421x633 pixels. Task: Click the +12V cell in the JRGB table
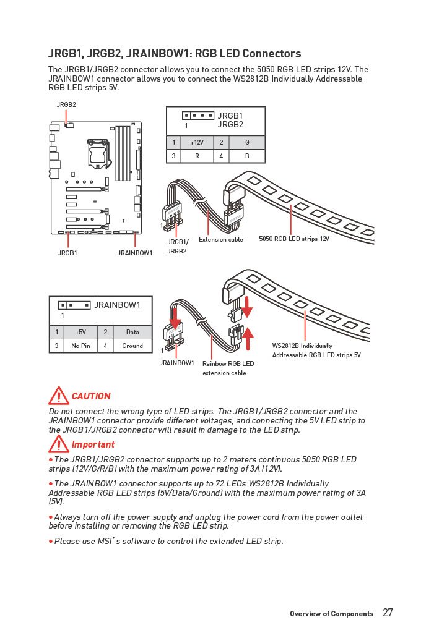coord(197,142)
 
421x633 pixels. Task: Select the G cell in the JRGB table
coord(247,142)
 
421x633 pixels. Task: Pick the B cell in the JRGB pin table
coord(247,156)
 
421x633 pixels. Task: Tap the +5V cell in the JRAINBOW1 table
coord(80,332)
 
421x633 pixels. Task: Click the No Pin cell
coord(80,346)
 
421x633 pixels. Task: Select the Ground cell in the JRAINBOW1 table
coord(132,346)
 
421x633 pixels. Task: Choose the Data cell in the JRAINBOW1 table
coord(132,332)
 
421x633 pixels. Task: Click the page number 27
coord(388,613)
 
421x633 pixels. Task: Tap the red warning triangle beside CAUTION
coord(59,396)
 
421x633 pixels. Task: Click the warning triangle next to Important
coord(59,444)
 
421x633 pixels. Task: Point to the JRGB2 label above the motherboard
coord(66,104)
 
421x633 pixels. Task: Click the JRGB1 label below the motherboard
coord(67,253)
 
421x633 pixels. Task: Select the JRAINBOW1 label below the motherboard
coord(135,253)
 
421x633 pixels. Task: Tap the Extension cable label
coord(221,239)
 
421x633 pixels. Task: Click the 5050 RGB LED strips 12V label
coord(294,239)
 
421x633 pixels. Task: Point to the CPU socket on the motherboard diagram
coord(98,151)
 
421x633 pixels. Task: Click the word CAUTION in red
coord(91,396)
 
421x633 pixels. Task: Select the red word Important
coord(93,444)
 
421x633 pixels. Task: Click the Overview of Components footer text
coord(331,614)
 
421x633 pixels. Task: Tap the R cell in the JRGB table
coord(197,156)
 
